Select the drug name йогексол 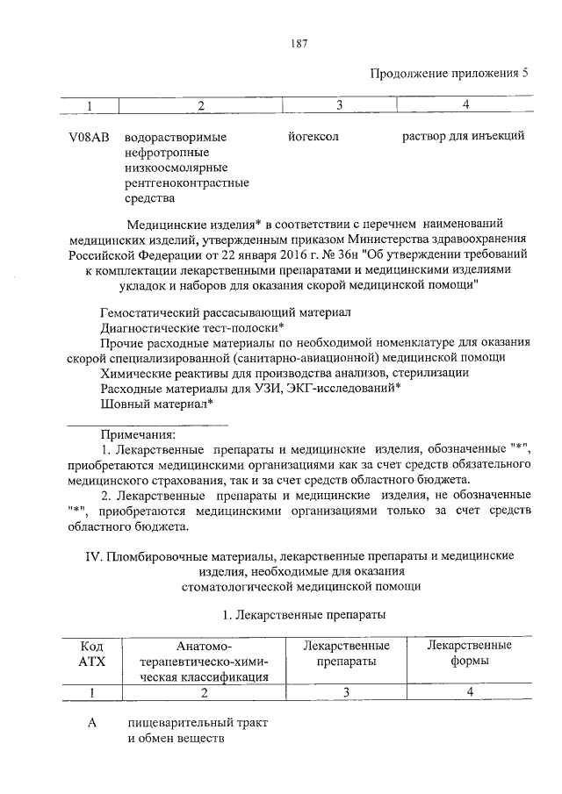313,137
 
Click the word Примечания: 138,434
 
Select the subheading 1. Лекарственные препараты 304,615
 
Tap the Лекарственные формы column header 469,654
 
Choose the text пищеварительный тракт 196,723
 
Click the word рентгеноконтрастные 187,183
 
